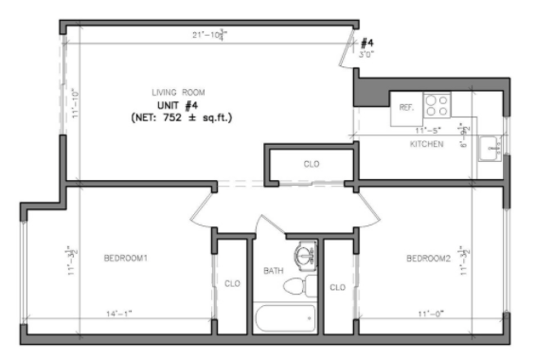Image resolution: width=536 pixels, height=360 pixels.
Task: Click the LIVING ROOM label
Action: coord(179,92)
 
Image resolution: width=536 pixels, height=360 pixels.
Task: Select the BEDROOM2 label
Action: coord(427,258)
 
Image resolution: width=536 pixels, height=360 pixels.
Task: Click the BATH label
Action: coord(274,272)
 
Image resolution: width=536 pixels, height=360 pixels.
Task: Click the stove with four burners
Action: coord(438,103)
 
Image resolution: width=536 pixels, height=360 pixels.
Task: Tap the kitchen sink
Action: coord(490,149)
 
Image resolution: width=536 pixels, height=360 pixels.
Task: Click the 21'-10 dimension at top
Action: coord(207,35)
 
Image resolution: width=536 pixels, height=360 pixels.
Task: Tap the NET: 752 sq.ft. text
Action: coord(182,117)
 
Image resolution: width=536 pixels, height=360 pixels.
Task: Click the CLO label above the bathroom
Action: coord(312,164)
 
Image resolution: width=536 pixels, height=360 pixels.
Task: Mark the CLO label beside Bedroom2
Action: coord(337,287)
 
